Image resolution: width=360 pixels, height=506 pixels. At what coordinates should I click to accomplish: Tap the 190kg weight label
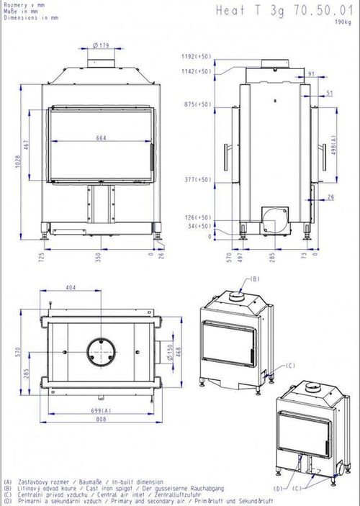tap(343, 23)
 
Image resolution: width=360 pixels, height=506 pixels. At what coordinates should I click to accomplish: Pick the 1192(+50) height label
tap(197, 55)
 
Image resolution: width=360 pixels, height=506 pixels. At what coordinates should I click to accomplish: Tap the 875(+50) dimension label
tap(197, 104)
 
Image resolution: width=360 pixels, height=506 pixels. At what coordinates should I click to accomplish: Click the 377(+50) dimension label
tap(197, 179)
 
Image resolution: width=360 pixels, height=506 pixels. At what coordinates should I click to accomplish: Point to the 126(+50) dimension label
tap(197, 217)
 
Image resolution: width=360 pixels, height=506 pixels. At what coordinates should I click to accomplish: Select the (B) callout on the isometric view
tap(253, 278)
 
